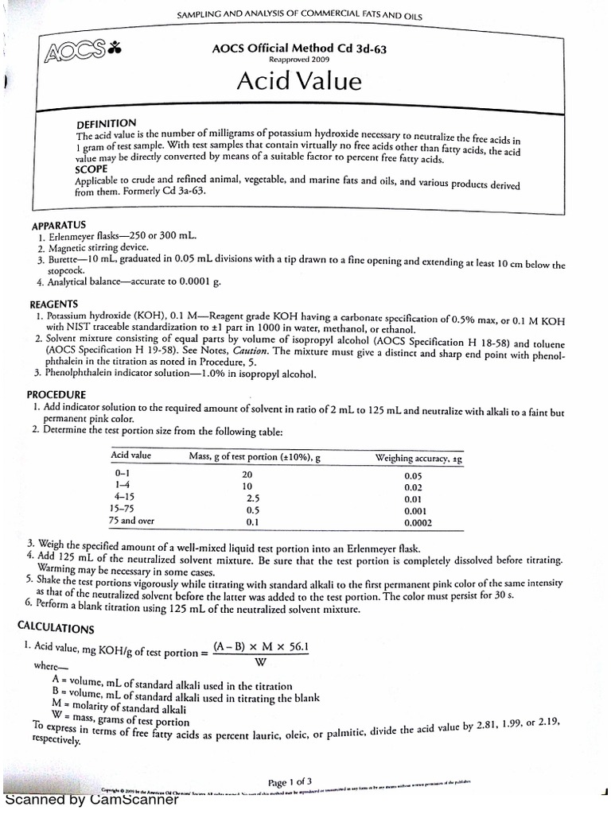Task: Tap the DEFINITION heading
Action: click(105, 124)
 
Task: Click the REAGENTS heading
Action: click(54, 304)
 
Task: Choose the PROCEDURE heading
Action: click(58, 395)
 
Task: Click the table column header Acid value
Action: click(131, 456)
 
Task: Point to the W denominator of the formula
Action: click(260, 661)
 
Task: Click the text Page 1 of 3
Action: click(295, 781)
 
